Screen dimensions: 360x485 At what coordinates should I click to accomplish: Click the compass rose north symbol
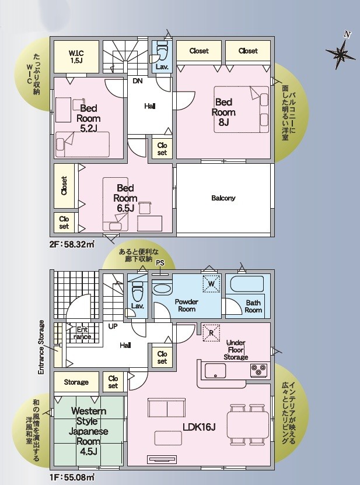point(340,52)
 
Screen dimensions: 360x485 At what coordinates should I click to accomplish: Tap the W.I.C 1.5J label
point(76,57)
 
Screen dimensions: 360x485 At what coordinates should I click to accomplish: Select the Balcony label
point(223,198)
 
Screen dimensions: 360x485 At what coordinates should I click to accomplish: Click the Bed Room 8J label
point(223,113)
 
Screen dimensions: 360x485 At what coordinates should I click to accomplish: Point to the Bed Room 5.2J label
point(89,118)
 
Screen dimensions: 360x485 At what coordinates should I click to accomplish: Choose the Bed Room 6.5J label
point(125,198)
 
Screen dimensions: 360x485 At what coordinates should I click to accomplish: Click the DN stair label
point(138,81)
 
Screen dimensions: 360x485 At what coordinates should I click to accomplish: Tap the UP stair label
point(113,326)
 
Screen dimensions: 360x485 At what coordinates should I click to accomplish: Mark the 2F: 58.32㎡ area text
point(72,244)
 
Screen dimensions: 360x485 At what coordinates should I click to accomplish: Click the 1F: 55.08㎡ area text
point(72,477)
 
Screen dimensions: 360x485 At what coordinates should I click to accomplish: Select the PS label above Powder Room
point(160,263)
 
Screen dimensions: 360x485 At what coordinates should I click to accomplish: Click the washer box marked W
point(211,283)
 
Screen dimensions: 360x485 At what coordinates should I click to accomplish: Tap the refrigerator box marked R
point(211,333)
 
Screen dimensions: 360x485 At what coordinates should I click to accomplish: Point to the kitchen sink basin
point(215,371)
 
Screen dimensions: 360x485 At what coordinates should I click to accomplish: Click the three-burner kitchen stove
point(259,370)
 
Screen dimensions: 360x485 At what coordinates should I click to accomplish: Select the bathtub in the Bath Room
point(247,284)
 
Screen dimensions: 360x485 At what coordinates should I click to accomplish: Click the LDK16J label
point(199,427)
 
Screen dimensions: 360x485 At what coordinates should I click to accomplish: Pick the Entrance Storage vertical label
point(41,347)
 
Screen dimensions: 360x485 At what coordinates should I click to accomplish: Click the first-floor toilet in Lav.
point(137,293)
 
